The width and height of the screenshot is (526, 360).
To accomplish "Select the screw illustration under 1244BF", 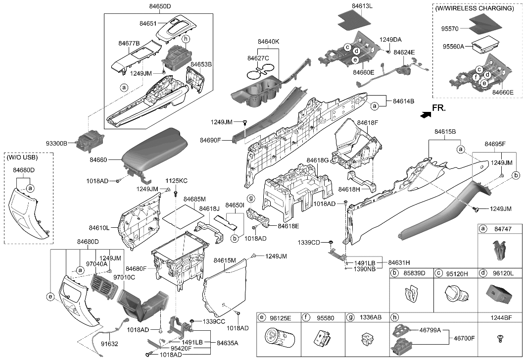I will coord(500,338).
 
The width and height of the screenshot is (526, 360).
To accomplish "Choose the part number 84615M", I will coord(225,260).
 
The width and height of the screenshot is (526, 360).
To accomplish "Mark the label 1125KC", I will coord(176,181).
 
